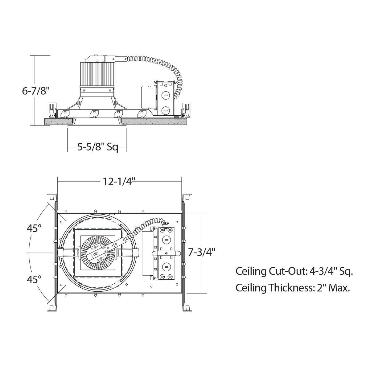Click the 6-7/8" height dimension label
[36, 91]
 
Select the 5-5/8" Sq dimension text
[97, 147]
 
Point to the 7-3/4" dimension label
[201, 252]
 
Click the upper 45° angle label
[34, 228]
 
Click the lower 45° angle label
[34, 280]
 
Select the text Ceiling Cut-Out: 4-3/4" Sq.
[294, 271]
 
